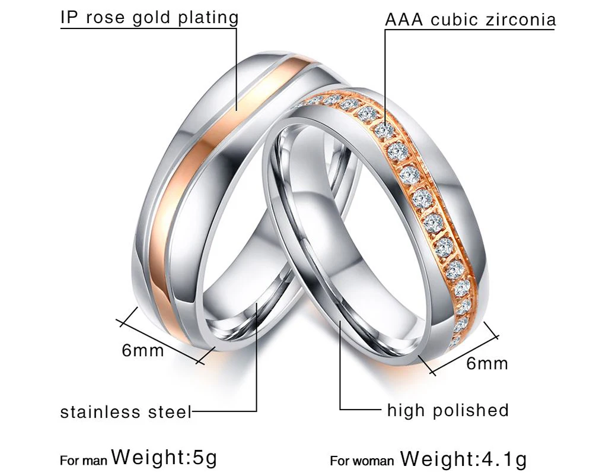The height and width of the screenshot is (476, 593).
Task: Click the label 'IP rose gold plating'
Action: (x=149, y=17)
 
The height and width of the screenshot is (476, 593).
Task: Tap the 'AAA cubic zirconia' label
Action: (x=470, y=20)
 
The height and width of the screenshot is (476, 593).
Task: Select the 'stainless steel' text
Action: (x=126, y=412)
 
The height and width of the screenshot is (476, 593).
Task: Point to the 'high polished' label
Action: (x=448, y=410)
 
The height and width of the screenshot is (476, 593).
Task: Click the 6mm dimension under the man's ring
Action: (x=142, y=350)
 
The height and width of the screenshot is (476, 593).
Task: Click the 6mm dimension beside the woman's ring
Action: (x=487, y=363)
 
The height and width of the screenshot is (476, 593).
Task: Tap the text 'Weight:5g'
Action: (x=164, y=457)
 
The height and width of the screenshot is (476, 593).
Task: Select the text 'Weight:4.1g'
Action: (x=463, y=459)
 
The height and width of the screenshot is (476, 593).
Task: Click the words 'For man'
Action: (x=84, y=461)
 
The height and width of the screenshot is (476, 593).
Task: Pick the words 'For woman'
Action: (x=362, y=461)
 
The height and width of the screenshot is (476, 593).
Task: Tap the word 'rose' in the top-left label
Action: (x=105, y=18)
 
